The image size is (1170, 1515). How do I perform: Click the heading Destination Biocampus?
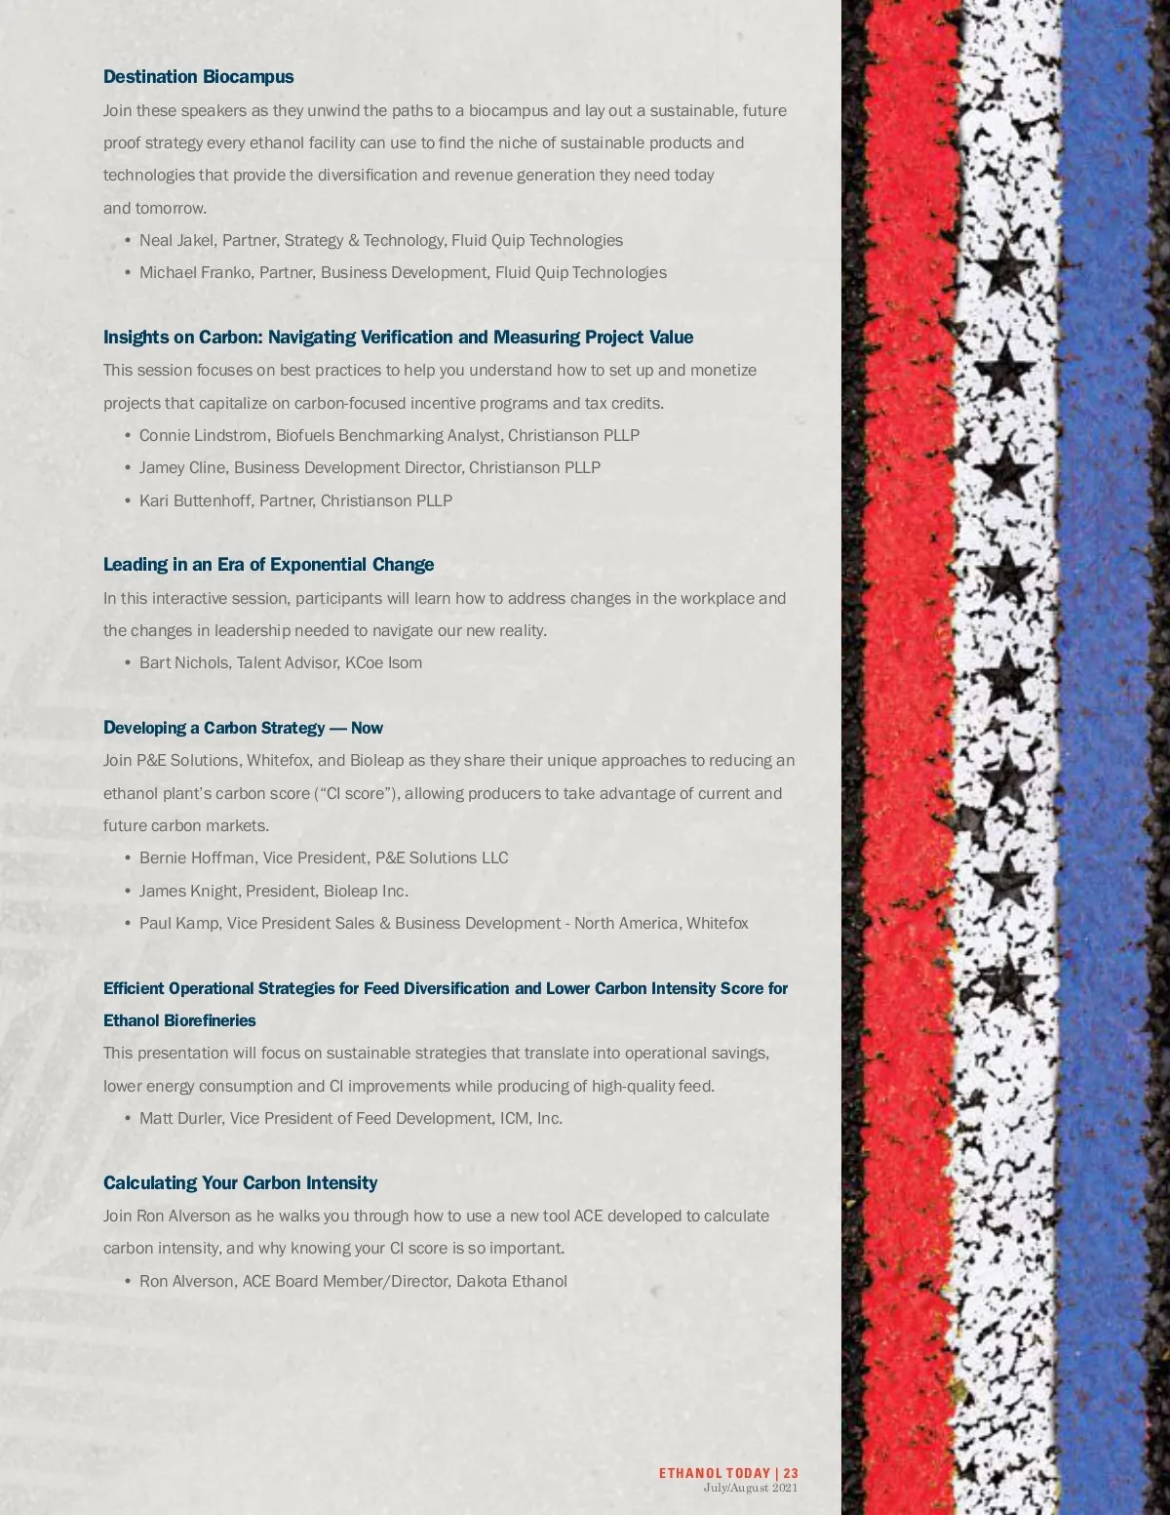click(x=198, y=77)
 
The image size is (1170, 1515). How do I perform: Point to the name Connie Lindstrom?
click(x=203, y=435)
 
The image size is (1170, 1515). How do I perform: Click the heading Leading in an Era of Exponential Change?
click(x=268, y=565)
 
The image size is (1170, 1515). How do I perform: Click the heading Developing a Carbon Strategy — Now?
click(x=243, y=728)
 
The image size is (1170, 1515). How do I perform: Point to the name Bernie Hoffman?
click(x=197, y=857)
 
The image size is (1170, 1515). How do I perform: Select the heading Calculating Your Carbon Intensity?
click(x=240, y=1183)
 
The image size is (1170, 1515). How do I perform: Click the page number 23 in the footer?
click(x=791, y=1473)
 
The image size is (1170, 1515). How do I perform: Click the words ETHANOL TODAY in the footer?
click(x=714, y=1473)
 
